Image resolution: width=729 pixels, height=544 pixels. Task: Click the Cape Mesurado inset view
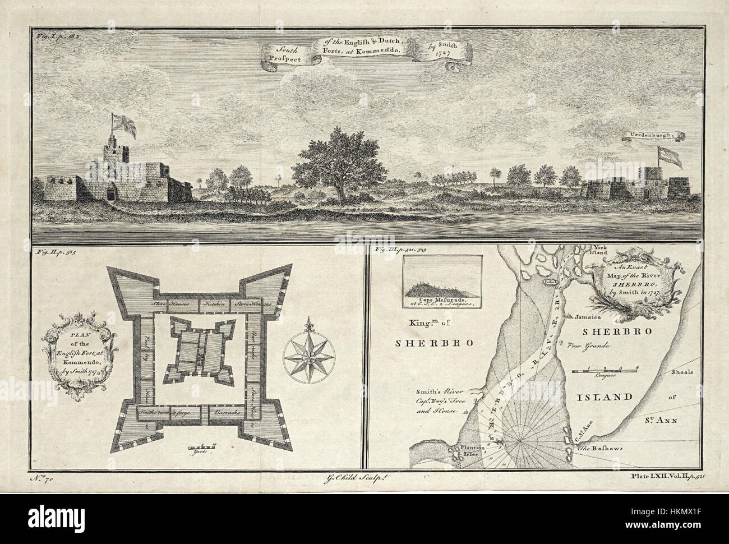click(442, 280)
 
